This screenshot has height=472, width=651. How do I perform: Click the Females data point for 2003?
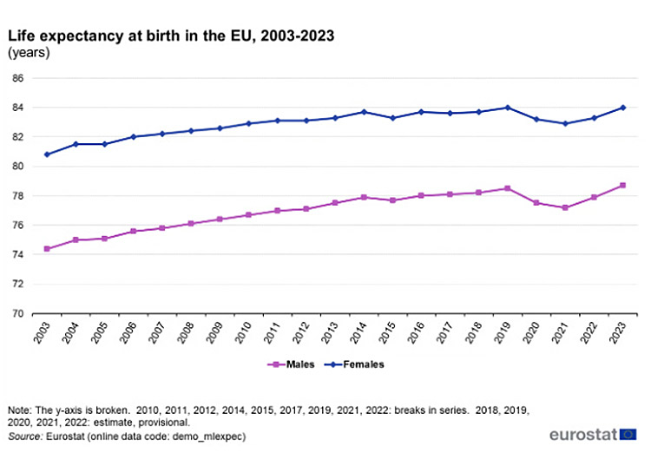pos(46,154)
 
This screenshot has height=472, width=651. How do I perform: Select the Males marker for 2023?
pos(622,185)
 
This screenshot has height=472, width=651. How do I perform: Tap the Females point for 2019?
pos(508,108)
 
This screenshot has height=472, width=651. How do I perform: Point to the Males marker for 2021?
pos(565,207)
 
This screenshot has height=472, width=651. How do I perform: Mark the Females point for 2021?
pos(565,123)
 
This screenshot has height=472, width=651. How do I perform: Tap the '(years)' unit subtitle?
pos(29,53)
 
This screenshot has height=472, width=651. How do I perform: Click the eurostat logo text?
pos(583,434)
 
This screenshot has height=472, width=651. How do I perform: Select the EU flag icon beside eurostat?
pos(629,434)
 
